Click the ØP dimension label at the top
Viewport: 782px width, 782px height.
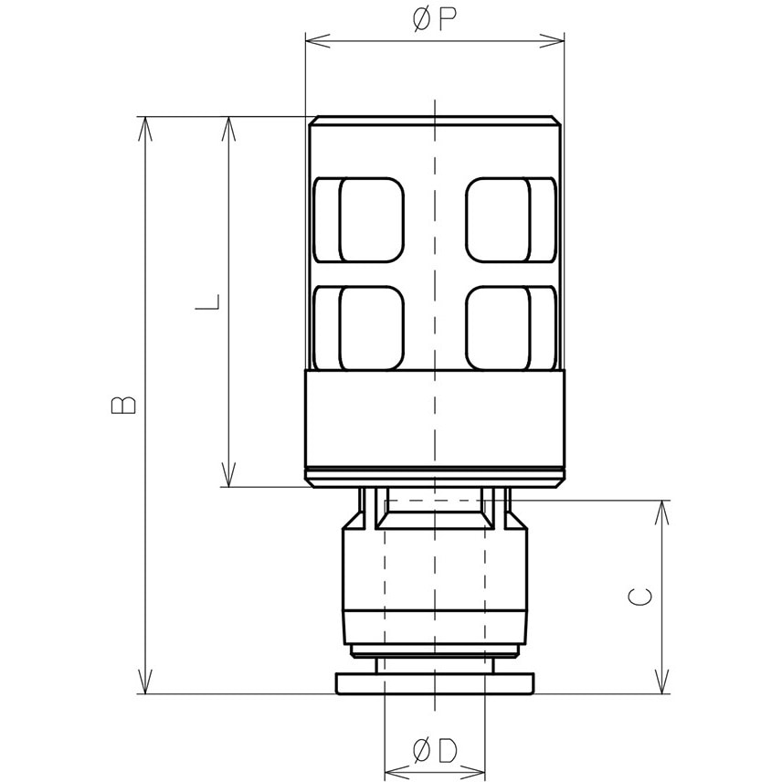pyautogui.click(x=435, y=20)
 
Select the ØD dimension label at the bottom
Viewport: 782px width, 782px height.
pyautogui.click(x=435, y=751)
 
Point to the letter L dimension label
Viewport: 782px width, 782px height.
pyautogui.click(x=208, y=302)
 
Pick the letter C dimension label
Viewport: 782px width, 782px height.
pyautogui.click(x=641, y=597)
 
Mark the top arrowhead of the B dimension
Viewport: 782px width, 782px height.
pyautogui.click(x=144, y=128)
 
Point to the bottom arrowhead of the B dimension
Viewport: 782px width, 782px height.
pyautogui.click(x=144, y=682)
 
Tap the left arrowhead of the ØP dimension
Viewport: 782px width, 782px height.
pyautogui.click(x=316, y=39)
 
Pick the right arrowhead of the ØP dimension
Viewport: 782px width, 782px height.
pyautogui.click(x=554, y=39)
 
